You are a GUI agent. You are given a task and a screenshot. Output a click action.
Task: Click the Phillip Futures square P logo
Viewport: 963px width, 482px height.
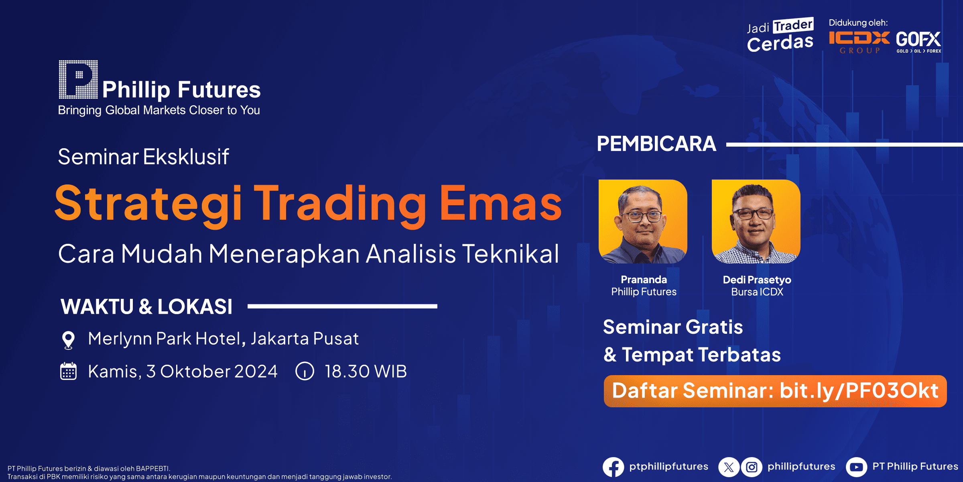[78, 80]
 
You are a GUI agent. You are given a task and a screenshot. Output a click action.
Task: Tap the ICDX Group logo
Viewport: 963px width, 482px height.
[859, 42]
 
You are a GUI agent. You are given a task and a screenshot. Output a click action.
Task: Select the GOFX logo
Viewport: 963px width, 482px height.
[918, 42]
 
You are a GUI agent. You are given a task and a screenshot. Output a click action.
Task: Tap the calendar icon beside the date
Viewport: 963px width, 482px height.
[68, 371]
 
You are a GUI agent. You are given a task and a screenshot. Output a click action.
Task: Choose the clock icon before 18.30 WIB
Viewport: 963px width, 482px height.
[305, 371]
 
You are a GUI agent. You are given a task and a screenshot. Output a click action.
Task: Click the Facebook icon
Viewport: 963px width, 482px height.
[613, 467]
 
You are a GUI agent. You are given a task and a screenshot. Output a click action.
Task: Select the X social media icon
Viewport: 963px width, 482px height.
[729, 467]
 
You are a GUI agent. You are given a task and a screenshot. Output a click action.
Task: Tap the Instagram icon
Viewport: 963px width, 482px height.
[751, 467]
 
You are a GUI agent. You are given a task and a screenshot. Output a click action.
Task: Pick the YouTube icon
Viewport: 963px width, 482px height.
[856, 467]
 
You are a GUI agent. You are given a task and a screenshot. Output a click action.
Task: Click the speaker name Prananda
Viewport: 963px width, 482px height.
[644, 280]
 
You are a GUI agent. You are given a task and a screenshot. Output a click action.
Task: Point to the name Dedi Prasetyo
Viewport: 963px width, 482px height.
[757, 280]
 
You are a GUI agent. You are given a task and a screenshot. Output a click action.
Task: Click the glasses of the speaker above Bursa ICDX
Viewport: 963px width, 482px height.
[753, 213]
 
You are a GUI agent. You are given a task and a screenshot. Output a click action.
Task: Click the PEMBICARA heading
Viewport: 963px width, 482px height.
[656, 144]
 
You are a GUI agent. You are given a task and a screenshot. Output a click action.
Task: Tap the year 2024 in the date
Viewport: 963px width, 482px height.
[256, 372]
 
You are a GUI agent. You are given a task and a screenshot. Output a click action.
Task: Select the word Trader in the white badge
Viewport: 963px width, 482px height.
[793, 25]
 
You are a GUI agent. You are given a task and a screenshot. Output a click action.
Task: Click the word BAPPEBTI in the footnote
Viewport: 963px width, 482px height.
[152, 468]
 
